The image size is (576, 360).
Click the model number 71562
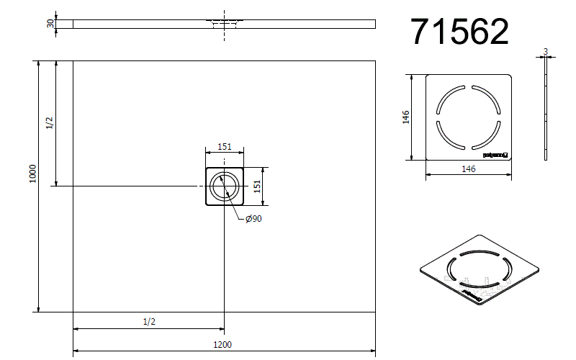point(459,32)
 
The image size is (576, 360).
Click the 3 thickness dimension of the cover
point(546,51)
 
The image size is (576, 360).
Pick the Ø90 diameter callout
point(253,219)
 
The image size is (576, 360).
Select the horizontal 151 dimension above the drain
point(225,147)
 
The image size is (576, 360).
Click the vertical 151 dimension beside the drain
point(256,186)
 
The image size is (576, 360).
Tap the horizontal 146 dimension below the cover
point(468,169)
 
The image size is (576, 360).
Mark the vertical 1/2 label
point(50,123)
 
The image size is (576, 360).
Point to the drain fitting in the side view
point(224,22)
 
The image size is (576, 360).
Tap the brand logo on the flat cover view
point(495,153)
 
